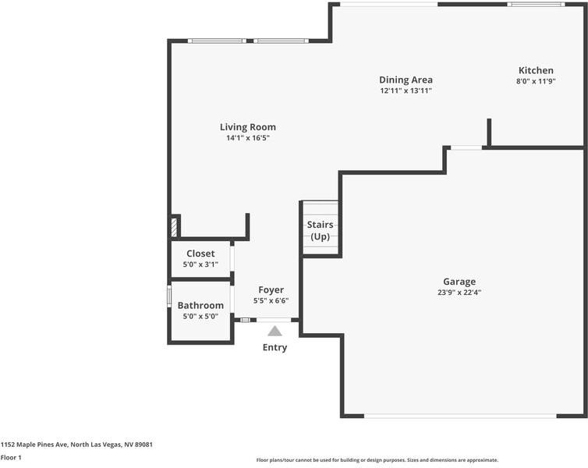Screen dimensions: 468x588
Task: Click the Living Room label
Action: coord(247,127)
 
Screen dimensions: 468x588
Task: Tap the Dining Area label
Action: coord(406,80)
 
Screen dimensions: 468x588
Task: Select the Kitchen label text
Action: coord(535,70)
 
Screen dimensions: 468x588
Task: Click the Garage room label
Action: coord(459,282)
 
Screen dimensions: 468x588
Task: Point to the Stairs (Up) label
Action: coord(321,230)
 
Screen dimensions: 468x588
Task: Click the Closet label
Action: coord(200,253)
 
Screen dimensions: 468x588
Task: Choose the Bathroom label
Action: coord(200,306)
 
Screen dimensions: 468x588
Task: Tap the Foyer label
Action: coord(271,290)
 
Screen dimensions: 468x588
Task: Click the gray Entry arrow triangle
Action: coord(275,331)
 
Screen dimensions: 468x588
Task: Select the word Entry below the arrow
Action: coord(275,347)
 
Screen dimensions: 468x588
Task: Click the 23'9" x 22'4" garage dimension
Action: coord(459,292)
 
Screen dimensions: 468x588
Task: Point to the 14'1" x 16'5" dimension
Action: coord(247,138)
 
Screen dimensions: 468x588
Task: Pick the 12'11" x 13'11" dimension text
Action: coord(406,90)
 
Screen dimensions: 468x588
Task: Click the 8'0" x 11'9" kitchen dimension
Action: coord(535,81)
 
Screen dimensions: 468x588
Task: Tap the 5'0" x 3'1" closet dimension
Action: coord(200,264)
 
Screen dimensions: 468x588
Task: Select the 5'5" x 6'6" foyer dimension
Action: coord(271,300)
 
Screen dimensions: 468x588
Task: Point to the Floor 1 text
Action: coord(11,457)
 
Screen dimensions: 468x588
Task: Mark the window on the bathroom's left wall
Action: coord(169,296)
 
